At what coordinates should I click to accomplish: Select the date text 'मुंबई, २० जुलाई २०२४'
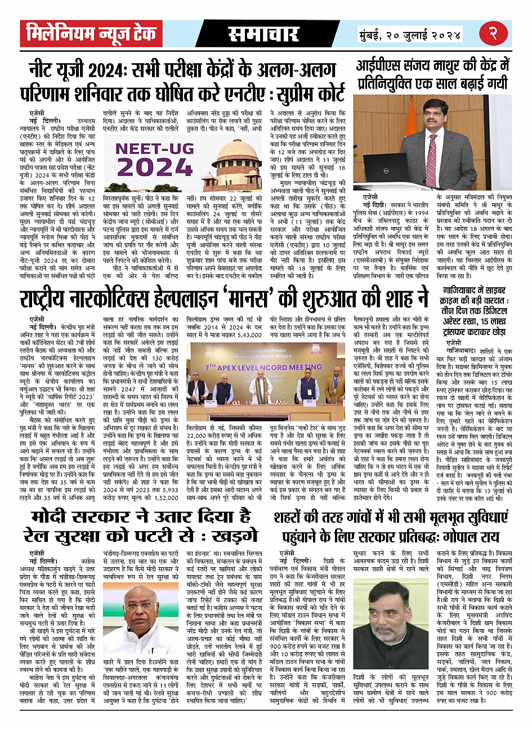coord(410,34)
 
